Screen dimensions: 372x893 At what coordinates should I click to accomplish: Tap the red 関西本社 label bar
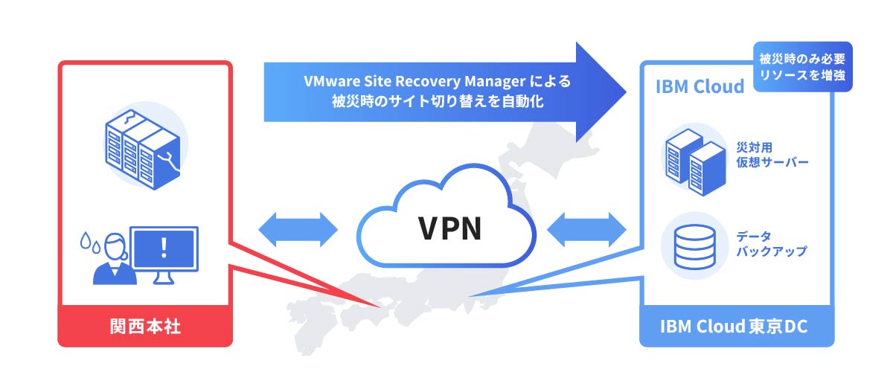coord(145,327)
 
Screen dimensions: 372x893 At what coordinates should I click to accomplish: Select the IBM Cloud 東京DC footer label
coord(734,327)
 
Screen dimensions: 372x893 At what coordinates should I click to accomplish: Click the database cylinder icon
coord(694,246)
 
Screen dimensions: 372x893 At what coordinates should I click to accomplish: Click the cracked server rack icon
coord(141,148)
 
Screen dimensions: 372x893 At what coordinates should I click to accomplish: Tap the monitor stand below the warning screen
coord(164,278)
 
